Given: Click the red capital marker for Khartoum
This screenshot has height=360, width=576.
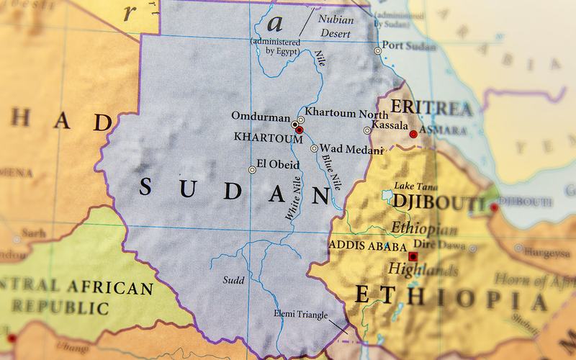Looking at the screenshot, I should (x=300, y=130).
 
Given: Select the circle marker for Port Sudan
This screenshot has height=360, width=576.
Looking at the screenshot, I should (x=378, y=51).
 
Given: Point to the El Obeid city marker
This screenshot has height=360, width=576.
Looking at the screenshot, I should (x=251, y=170).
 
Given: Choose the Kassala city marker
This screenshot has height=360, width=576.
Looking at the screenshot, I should (x=367, y=130).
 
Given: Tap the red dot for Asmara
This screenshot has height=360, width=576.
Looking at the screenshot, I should (x=413, y=134).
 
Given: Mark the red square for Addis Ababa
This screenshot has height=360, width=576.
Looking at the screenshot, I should (x=412, y=256).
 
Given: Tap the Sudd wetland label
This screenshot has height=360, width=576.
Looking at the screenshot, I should (x=234, y=279).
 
